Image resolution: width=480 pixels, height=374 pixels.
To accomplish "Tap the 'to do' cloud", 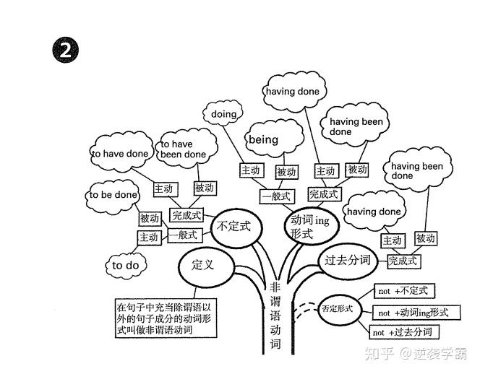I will (125, 265).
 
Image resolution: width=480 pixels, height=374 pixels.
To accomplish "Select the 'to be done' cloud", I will (113, 195).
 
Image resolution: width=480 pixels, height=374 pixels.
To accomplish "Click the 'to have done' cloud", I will (120, 153).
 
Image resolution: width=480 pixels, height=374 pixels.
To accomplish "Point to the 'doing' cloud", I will (225, 114).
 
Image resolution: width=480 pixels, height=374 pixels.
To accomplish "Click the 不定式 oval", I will (234, 227).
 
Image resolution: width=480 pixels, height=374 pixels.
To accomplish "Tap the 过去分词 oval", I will (348, 260).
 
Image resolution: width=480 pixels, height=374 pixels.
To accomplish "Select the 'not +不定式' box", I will (402, 291).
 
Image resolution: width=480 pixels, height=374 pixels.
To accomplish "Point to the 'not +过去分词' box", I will (404, 332).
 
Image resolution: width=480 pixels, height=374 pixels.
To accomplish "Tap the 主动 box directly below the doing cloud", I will (250, 170).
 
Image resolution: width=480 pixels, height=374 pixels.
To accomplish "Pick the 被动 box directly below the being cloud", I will (286, 172).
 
